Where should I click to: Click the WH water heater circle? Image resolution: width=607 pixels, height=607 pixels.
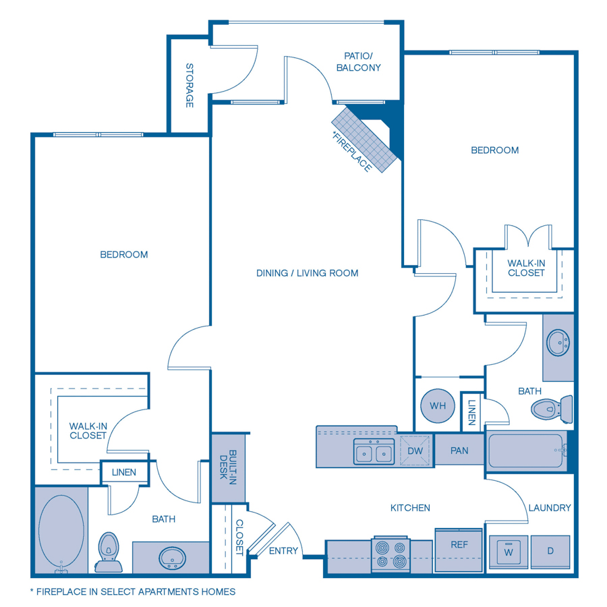click(438, 406)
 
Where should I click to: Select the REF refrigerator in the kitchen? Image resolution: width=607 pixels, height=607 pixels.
click(459, 545)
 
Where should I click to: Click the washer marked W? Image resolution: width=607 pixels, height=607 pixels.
click(509, 552)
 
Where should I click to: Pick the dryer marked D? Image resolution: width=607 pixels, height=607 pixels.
click(550, 552)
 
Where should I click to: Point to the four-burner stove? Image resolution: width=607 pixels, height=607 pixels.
click(391, 554)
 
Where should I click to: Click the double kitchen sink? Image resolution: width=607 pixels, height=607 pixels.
click(374, 451)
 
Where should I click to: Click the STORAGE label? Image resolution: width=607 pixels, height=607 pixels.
click(190, 86)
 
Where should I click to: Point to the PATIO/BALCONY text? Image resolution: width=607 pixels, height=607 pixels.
click(362, 62)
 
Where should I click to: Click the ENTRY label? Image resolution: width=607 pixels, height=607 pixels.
click(283, 550)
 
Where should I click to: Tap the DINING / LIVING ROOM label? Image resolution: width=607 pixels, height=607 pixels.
click(307, 273)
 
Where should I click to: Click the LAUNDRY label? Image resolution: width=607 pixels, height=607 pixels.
click(550, 508)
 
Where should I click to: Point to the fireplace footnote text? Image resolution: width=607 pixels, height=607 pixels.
click(133, 591)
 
